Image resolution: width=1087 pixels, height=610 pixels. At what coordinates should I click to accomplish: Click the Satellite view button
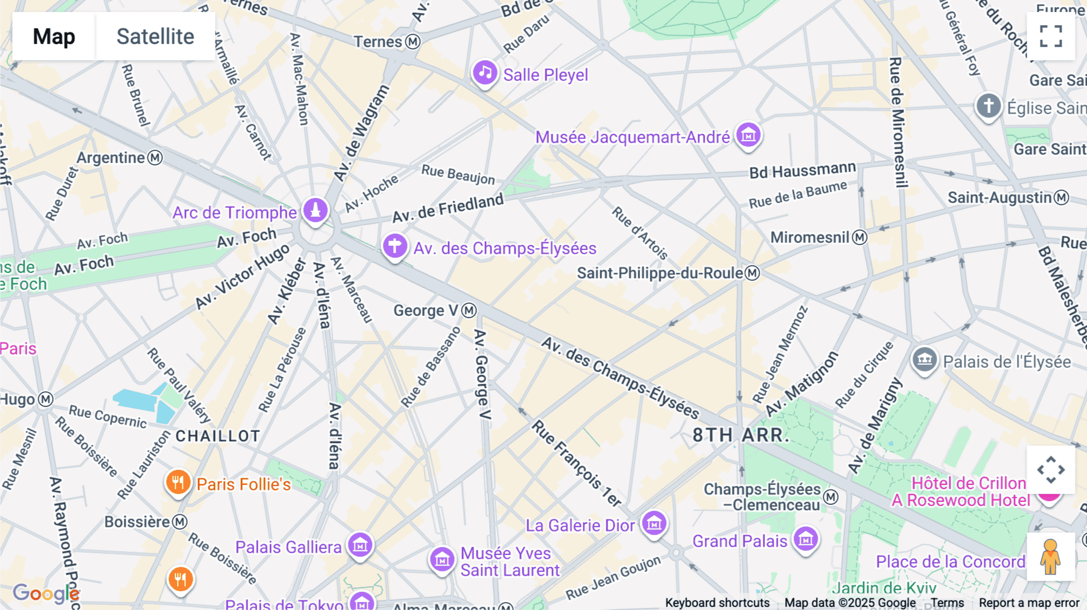tap(155, 36)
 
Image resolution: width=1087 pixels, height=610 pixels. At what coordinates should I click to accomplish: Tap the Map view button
tap(54, 36)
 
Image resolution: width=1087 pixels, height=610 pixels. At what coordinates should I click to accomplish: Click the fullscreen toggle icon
tap(1051, 36)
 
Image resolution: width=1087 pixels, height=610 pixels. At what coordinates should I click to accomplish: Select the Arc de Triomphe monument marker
tap(315, 211)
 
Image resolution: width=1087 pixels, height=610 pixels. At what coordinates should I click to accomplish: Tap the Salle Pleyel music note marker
tap(484, 73)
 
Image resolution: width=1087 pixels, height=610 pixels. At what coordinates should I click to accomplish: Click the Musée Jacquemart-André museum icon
tap(748, 135)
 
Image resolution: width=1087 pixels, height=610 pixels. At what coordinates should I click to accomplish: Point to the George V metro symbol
tap(469, 310)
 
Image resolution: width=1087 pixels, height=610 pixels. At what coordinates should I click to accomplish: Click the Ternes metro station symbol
tap(413, 42)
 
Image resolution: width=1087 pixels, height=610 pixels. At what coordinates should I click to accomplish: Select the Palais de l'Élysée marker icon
tap(924, 360)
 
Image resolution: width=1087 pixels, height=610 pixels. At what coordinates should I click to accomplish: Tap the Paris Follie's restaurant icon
tap(178, 483)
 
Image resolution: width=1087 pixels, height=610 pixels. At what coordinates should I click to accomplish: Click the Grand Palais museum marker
tap(806, 539)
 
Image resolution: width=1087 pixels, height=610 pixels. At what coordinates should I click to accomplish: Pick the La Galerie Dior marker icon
tap(654, 524)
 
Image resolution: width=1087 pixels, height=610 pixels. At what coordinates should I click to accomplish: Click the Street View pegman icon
tap(1051, 557)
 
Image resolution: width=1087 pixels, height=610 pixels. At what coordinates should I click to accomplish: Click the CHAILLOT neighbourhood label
tap(218, 436)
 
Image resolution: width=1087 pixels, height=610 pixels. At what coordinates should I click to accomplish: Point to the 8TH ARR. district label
tap(740, 435)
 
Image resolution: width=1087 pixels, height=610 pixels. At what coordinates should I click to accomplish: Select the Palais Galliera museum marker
tap(360, 545)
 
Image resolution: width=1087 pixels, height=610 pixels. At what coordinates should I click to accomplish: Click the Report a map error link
tap(1029, 603)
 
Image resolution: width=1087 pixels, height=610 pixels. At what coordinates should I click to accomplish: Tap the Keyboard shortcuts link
tap(717, 603)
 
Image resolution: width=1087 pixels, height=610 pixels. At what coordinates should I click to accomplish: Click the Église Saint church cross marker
tap(989, 106)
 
